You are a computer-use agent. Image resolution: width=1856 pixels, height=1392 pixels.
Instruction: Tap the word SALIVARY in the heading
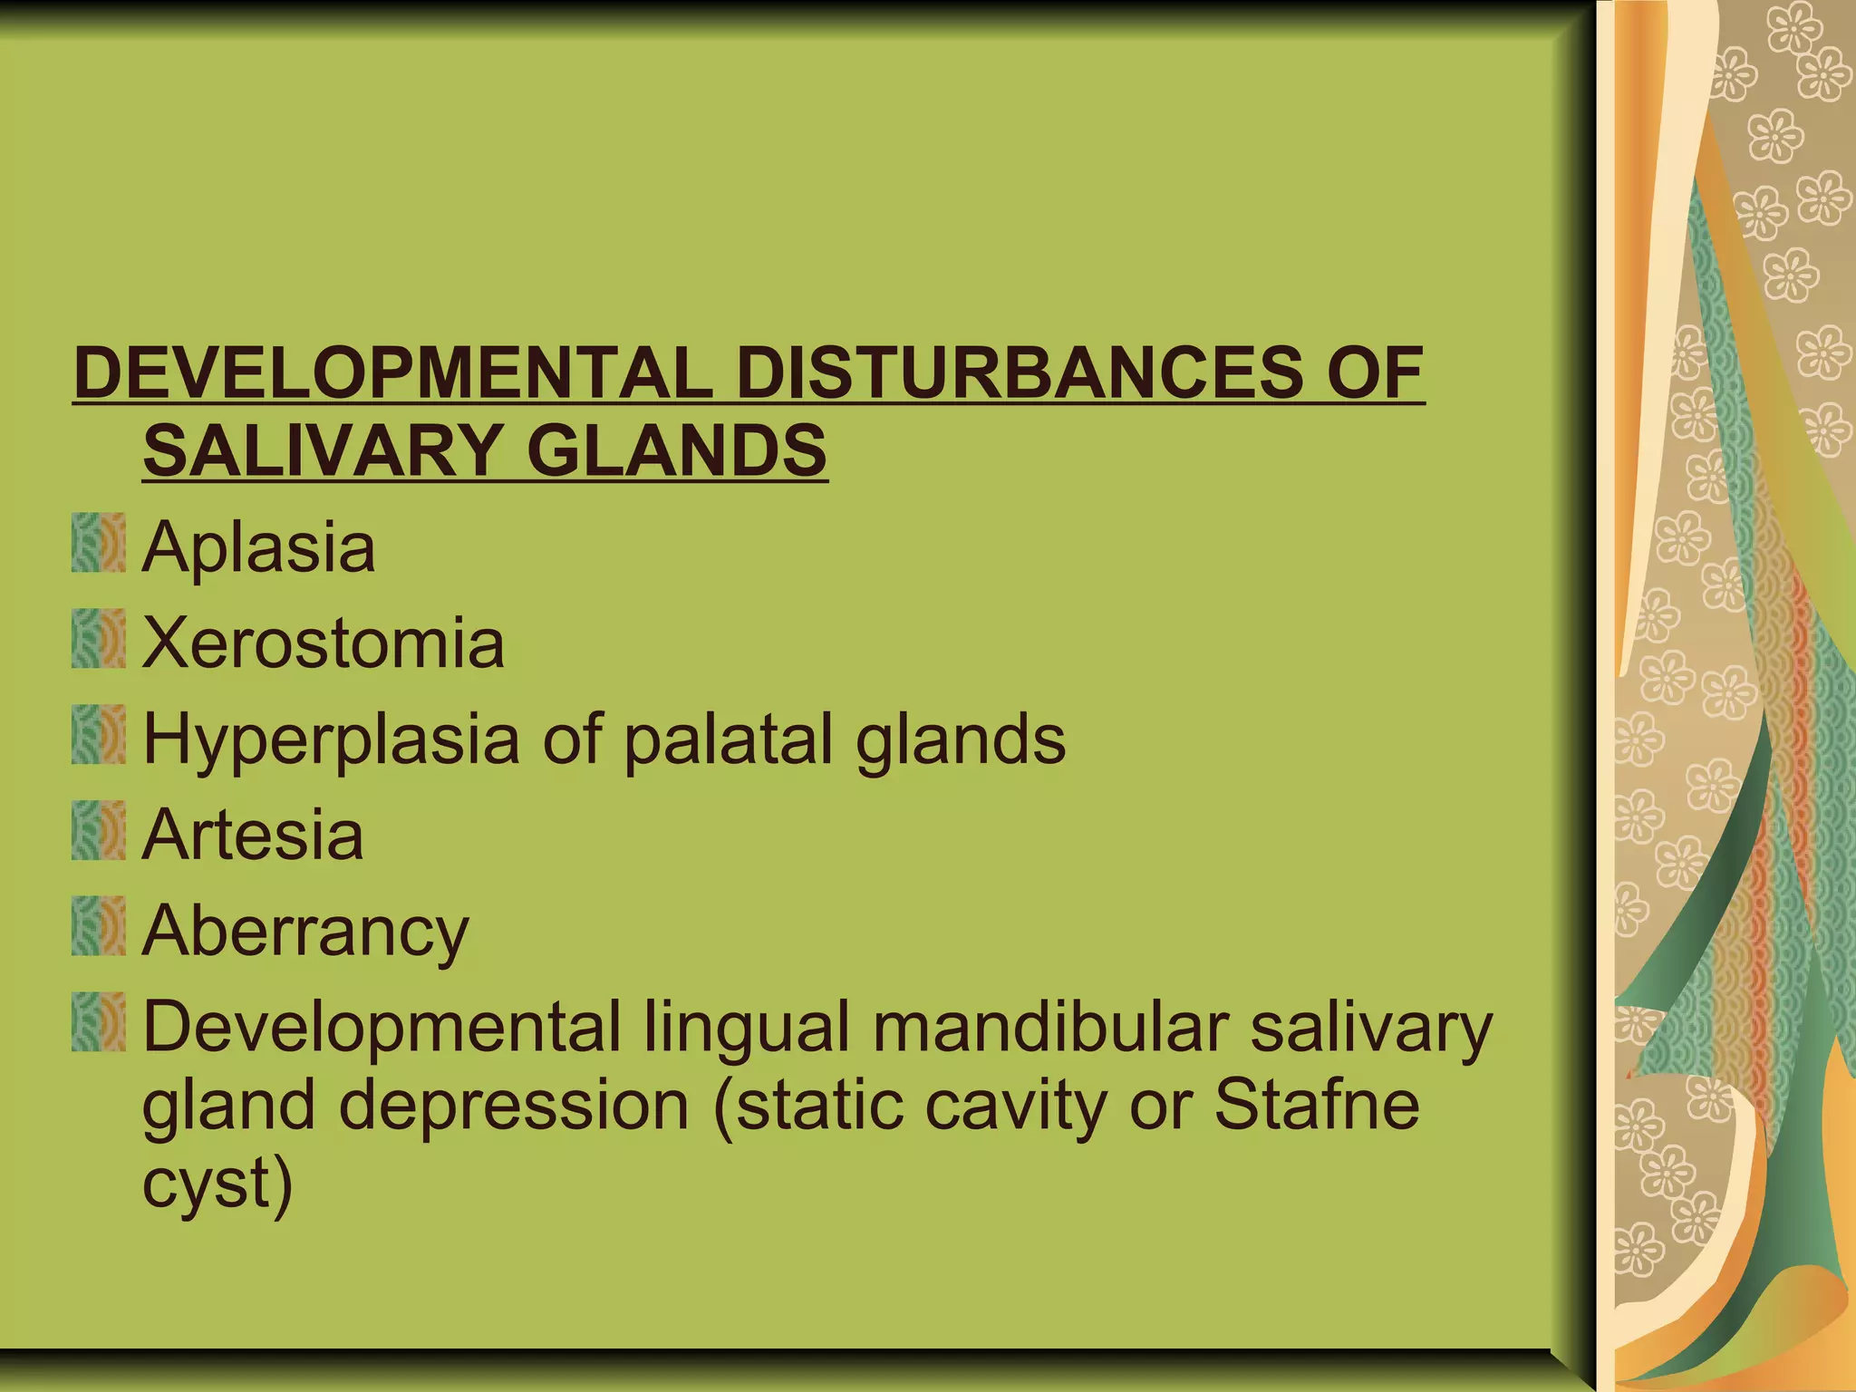(x=322, y=450)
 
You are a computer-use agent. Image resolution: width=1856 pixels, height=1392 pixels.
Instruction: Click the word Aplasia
(x=259, y=547)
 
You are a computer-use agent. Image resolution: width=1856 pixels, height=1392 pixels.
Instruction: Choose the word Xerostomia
(x=324, y=643)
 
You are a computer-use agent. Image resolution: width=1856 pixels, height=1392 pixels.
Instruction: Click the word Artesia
(x=254, y=836)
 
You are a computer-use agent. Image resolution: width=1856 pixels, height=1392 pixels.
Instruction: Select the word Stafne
(x=1316, y=1106)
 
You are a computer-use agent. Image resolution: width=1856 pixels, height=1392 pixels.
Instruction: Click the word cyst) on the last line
(x=217, y=1184)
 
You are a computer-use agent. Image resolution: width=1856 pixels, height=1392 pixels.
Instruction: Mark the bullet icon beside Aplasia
(x=99, y=543)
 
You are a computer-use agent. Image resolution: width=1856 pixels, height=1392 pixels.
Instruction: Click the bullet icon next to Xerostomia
(x=99, y=639)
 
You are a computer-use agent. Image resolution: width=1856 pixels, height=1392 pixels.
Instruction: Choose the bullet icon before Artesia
(x=99, y=830)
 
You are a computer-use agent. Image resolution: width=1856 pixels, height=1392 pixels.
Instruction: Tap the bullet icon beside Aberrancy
(x=99, y=926)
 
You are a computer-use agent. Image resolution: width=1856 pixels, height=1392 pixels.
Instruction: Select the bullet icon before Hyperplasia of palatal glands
(x=99, y=734)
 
